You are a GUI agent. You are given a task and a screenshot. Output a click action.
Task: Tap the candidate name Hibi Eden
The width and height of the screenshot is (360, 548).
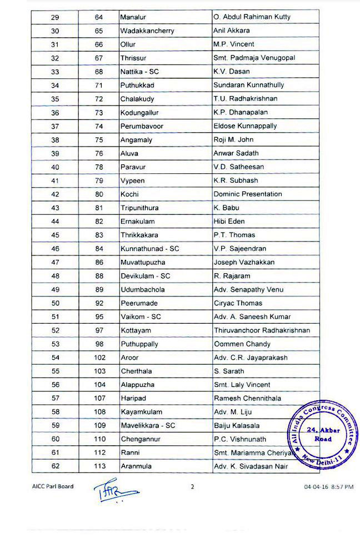point(229,222)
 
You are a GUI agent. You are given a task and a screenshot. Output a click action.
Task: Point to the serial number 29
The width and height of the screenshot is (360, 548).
point(55,17)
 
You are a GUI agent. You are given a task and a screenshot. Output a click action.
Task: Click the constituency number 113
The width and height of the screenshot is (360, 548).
point(99,467)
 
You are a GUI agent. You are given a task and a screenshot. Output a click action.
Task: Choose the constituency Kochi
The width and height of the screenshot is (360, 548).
point(129,194)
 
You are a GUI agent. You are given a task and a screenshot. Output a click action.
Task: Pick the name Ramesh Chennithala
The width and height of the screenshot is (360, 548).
point(247,399)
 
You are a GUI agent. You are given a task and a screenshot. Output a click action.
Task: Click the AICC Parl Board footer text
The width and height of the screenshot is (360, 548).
point(52,486)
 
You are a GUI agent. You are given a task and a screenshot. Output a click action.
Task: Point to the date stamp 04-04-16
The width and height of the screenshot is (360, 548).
point(315,487)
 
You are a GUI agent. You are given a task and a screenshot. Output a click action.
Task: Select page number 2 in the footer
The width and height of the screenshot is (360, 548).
point(193,487)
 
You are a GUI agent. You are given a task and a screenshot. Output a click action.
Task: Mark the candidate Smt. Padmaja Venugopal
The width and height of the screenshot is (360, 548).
point(254,58)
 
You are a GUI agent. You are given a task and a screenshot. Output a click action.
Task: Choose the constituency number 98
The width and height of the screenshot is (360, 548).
point(99,344)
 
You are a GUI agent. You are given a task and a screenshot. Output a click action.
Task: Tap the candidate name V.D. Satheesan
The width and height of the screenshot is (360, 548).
point(239,167)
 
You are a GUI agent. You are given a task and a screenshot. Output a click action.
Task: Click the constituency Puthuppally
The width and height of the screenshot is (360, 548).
point(139,344)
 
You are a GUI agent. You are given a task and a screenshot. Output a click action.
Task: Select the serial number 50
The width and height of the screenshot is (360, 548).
point(55,303)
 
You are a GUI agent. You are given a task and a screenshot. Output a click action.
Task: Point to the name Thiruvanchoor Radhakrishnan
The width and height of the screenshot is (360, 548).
point(262,330)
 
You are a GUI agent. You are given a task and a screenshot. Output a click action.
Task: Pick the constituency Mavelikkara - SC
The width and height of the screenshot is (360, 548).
point(149,426)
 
